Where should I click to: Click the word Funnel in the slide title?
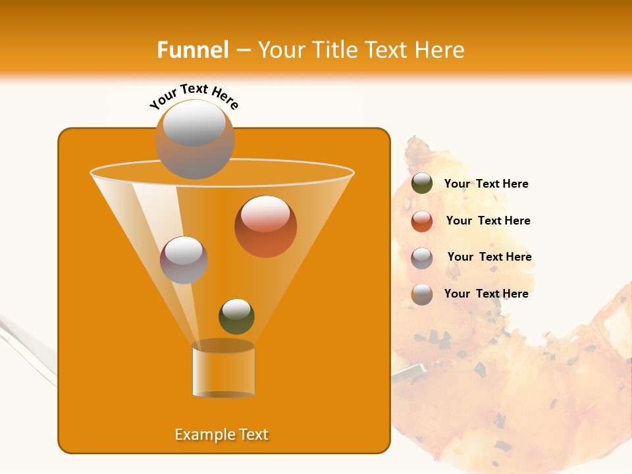(x=193, y=49)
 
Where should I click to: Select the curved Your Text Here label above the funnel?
(x=194, y=96)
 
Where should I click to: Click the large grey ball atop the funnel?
(x=195, y=139)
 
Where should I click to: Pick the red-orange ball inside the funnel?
(x=265, y=226)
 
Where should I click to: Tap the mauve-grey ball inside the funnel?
(x=184, y=259)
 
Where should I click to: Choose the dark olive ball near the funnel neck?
(x=236, y=316)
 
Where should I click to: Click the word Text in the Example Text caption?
(x=253, y=434)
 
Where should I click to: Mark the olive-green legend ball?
(x=422, y=183)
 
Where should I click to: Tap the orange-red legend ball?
(x=422, y=221)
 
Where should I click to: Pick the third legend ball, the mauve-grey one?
(x=422, y=258)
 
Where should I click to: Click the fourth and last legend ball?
(x=422, y=294)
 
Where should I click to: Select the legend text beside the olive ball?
(x=486, y=184)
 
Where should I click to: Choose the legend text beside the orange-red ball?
(x=488, y=221)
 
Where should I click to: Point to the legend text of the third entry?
(x=489, y=257)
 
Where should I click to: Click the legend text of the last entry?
(x=486, y=294)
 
